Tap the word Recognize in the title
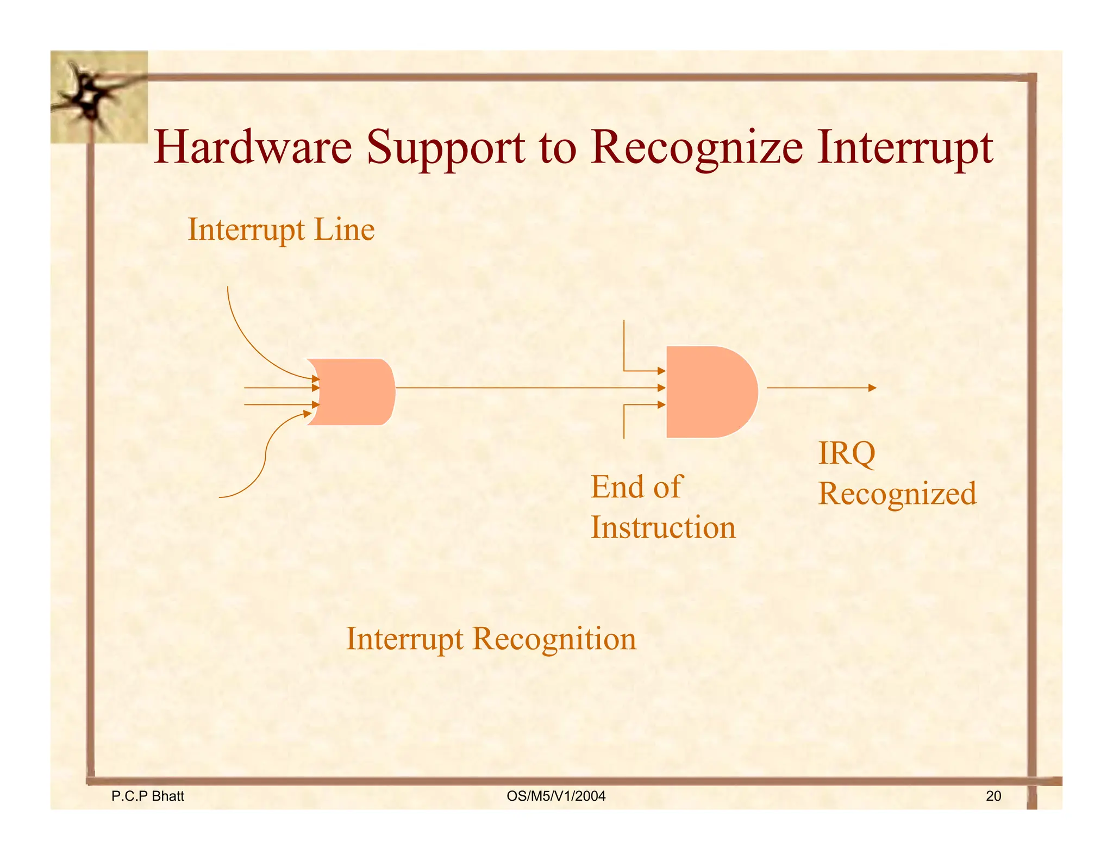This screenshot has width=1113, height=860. click(696, 148)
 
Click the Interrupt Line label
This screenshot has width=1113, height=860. click(281, 229)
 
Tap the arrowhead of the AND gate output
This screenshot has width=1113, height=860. click(872, 388)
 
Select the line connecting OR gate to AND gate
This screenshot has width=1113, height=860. click(522, 388)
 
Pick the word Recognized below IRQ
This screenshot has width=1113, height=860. click(897, 494)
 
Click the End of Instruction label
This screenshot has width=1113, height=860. click(662, 507)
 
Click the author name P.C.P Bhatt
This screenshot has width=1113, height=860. click(147, 796)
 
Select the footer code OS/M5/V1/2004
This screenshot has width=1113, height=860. click(555, 796)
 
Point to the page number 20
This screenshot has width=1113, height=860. click(993, 796)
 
